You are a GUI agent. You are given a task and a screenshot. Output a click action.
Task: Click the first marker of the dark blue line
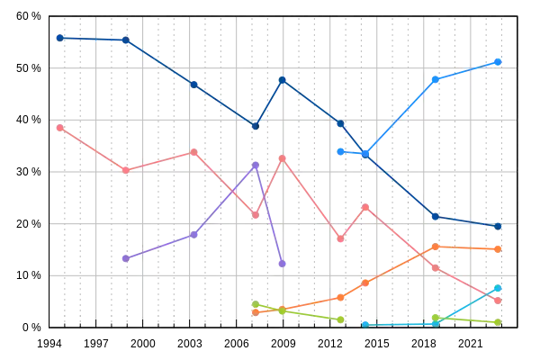tap(58, 38)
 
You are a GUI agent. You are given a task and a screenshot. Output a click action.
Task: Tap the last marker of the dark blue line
tap(498, 226)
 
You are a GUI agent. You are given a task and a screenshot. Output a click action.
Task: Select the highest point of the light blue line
tap(498, 62)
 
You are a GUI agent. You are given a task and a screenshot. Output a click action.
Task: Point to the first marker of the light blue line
tap(340, 152)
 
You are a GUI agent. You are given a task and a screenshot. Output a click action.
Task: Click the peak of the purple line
tap(256, 165)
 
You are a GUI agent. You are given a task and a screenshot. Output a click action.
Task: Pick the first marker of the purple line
tap(125, 258)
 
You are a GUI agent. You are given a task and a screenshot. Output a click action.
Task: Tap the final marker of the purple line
tap(283, 264)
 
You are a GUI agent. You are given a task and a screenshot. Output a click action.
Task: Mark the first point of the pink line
tap(58, 128)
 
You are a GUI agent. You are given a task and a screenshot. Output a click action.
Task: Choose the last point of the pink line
tap(498, 298)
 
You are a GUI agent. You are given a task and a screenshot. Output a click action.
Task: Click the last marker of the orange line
tap(498, 248)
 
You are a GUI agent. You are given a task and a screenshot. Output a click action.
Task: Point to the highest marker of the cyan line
tap(498, 287)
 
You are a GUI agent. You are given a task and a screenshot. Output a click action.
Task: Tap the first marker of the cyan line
tap(364, 323)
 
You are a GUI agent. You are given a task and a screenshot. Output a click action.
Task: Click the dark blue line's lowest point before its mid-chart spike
tap(256, 127)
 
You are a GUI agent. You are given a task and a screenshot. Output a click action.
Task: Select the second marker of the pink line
tap(125, 169)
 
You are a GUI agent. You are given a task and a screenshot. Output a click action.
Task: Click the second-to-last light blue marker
tap(436, 80)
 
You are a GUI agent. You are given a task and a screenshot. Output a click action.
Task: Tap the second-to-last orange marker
tap(436, 246)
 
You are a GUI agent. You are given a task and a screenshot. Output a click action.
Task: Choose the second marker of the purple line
tap(193, 236)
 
